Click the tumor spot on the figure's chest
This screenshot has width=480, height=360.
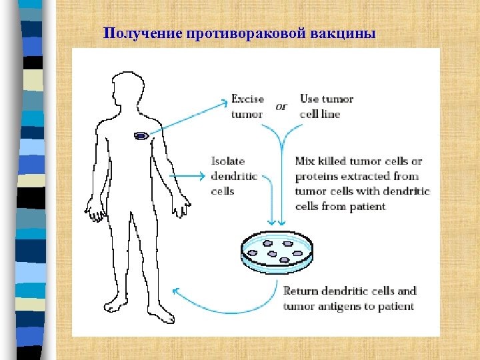[x=141, y=136]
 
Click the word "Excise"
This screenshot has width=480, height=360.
[x=247, y=99]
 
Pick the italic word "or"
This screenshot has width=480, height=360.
[x=281, y=107]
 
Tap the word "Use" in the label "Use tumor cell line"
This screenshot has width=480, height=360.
[x=309, y=99]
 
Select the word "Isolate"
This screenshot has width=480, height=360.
[x=228, y=161]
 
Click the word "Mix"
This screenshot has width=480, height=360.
[x=305, y=161]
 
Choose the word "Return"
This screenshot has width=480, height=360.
[x=301, y=291]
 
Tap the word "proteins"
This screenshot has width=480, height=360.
[x=317, y=176]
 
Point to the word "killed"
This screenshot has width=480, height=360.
[x=334, y=161]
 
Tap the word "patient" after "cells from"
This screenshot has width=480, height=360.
[x=367, y=206]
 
